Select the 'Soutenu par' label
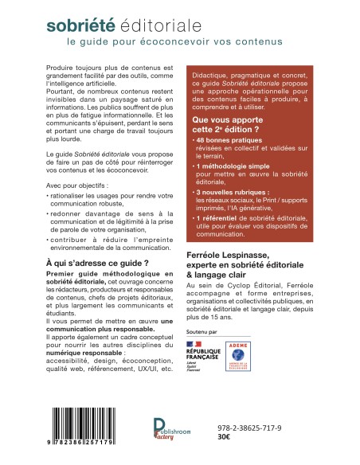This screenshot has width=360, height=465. coord(204,327)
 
